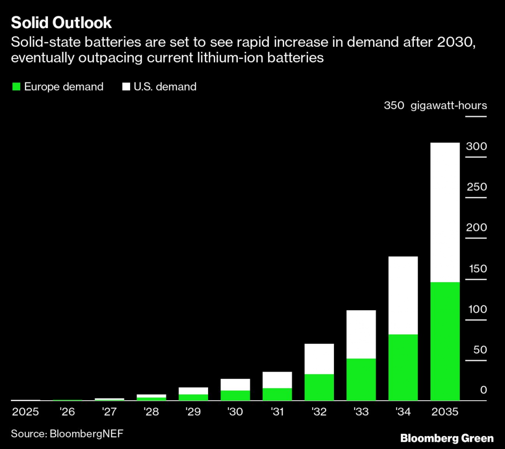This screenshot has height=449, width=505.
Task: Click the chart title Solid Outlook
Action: coord(61,23)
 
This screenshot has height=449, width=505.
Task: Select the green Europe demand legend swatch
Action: coord(16,87)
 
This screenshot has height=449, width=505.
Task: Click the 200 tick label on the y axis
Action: coord(476,227)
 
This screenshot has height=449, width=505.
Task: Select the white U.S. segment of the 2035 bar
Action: coord(445,212)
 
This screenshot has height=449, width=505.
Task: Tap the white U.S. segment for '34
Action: coord(403,295)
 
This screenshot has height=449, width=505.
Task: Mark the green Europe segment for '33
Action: coord(361,379)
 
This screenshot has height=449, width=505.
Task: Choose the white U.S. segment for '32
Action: coord(319,359)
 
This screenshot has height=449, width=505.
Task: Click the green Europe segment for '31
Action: coord(277,394)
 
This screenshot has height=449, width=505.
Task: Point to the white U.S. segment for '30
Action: coord(235,384)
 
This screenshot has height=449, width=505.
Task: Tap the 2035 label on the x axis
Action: coord(445,412)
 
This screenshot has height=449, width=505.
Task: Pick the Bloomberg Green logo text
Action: coord(447,438)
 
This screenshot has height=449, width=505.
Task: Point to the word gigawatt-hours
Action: coord(449,106)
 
